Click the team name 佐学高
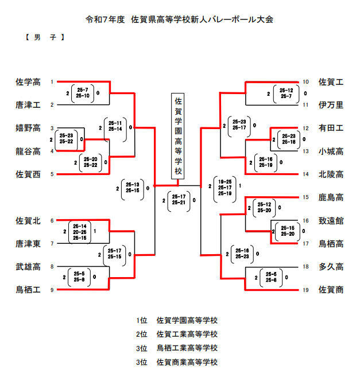28,82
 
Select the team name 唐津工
28,105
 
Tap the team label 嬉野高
28,128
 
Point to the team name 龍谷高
28,151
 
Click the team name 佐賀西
28,174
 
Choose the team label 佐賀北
28,220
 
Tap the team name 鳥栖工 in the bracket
28,290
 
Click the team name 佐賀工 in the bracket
331,82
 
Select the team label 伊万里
331,105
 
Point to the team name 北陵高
331,174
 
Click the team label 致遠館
331,220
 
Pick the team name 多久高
331,267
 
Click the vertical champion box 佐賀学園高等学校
178,137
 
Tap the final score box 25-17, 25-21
178,200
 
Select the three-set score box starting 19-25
225,187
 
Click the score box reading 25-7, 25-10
82,93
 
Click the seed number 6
52,220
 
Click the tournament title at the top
179,19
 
